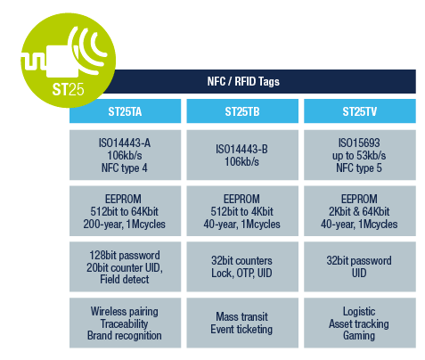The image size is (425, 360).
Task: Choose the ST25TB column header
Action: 242,112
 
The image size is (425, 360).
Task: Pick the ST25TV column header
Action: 359,112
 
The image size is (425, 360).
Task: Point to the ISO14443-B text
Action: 242,147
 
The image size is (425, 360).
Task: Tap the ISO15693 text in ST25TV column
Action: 359,141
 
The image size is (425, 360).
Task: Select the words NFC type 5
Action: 359,166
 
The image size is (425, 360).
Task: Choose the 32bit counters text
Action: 242,258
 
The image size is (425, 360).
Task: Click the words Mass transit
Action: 242,315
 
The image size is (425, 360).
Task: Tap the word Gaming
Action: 359,335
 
